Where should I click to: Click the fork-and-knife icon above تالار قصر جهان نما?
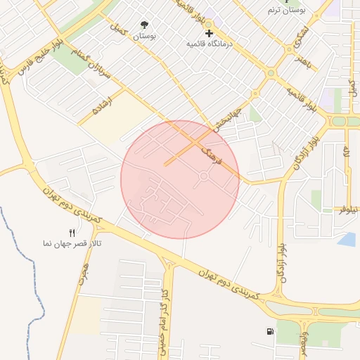[x=72, y=233]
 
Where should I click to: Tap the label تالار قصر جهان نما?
[x=72, y=243]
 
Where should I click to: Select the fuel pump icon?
[x=271, y=332]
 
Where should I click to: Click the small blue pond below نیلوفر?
[x=347, y=239]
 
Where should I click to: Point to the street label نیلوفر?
[x=349, y=209]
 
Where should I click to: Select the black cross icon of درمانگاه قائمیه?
[x=209, y=33]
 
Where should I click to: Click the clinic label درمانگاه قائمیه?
[x=209, y=44]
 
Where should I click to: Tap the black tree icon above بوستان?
[x=146, y=25]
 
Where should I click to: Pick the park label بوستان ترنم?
[x=284, y=10]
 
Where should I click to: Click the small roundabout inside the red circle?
[x=204, y=177]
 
